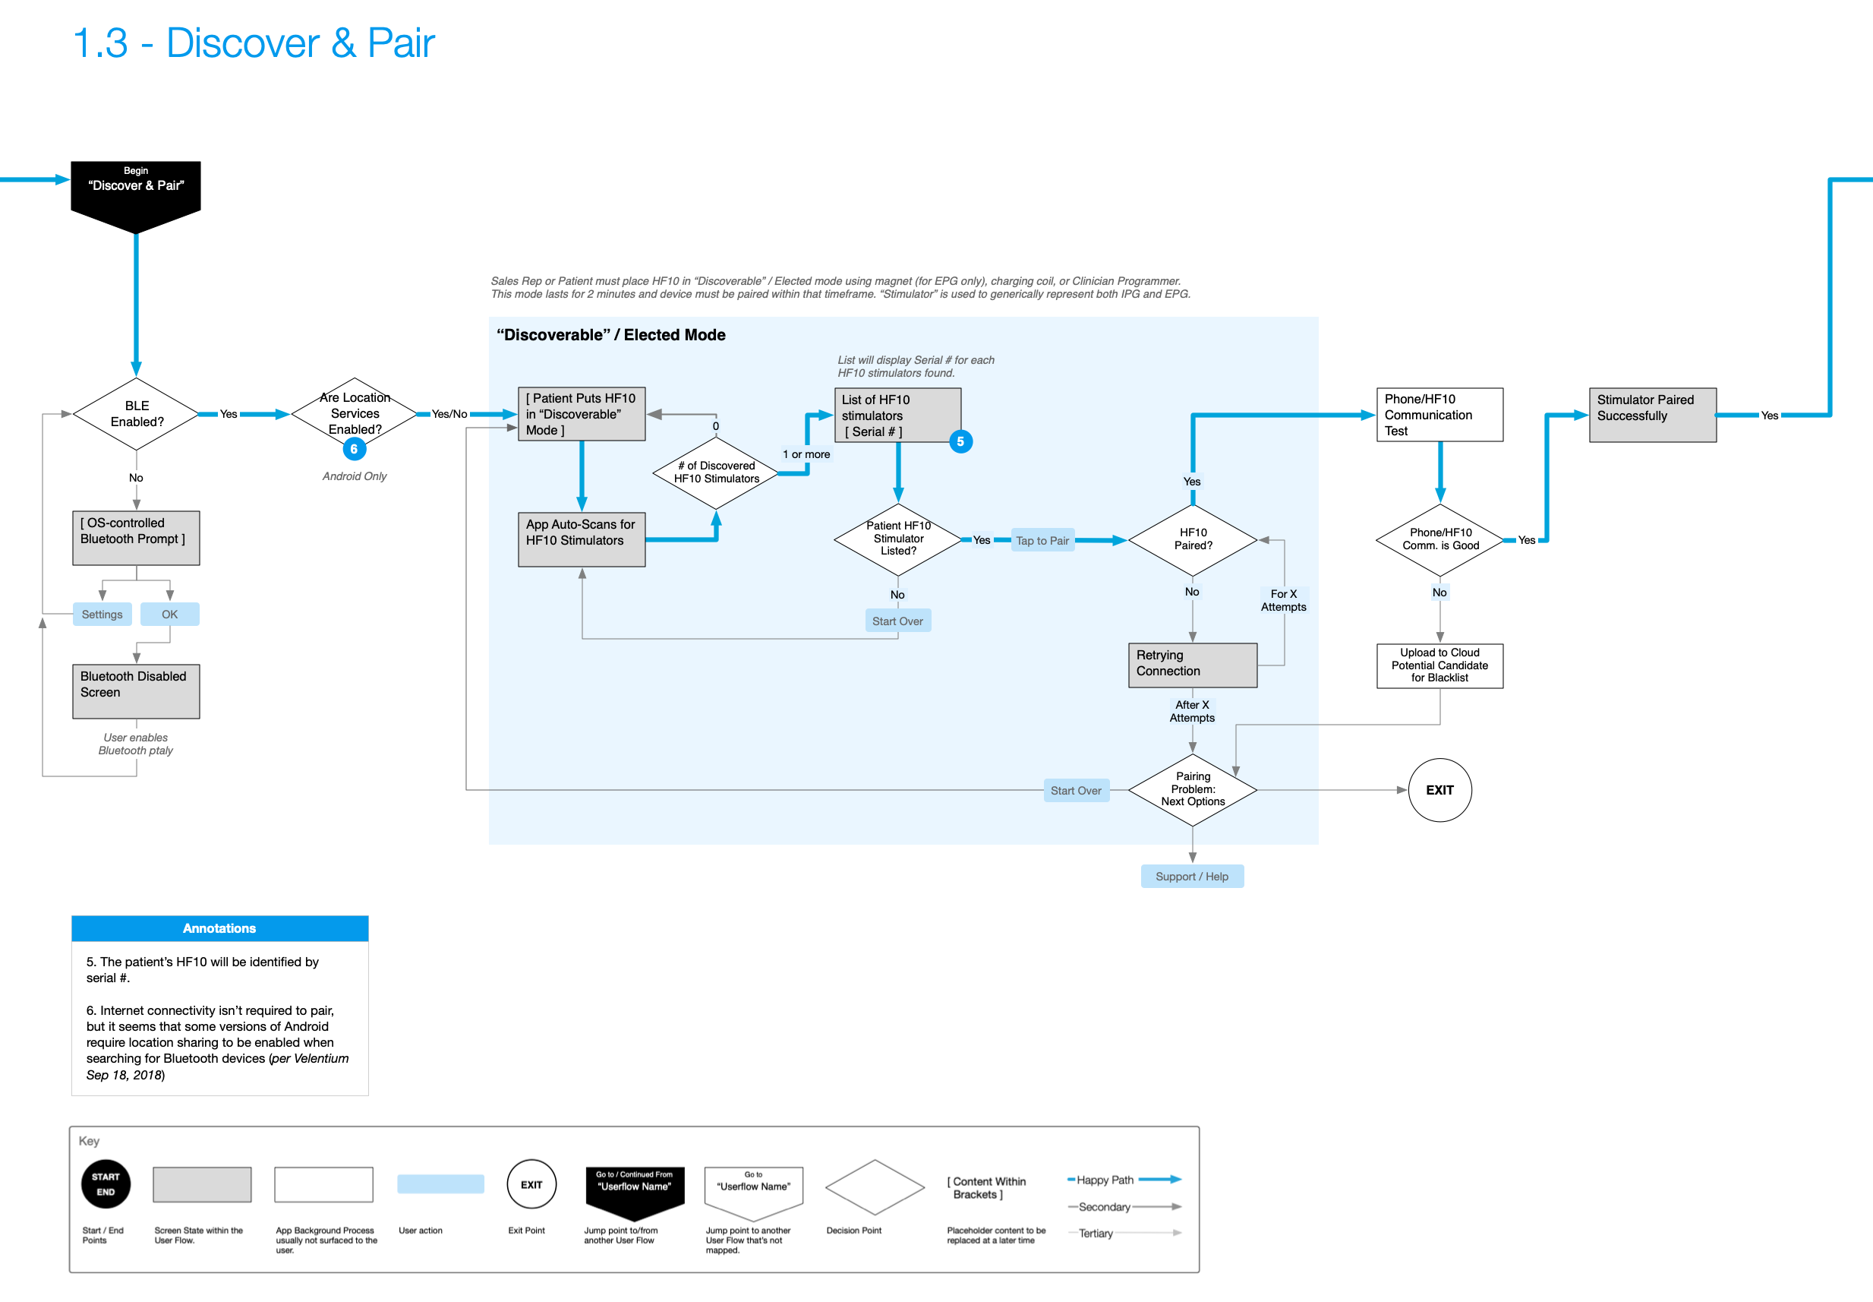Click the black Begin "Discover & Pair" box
click(x=135, y=192)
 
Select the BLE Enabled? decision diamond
click(x=136, y=413)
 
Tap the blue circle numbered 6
click(x=354, y=450)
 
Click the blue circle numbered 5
click(x=960, y=441)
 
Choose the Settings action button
click(x=102, y=615)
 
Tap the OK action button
click(x=169, y=615)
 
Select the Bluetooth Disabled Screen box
click(x=135, y=691)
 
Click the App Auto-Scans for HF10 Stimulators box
click(x=582, y=539)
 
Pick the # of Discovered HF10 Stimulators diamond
click(x=716, y=472)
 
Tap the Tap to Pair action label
click(x=1042, y=540)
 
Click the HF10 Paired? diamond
click(x=1192, y=539)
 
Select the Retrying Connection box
click(x=1192, y=664)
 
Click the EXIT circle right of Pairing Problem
click(x=1439, y=790)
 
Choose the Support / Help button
click(x=1191, y=876)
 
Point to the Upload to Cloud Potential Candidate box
click(x=1439, y=665)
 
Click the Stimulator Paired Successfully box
click(x=1652, y=415)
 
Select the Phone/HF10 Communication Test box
click(x=1439, y=415)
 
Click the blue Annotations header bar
click(x=219, y=928)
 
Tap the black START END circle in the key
click(x=106, y=1183)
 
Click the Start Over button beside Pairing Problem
click(x=1076, y=791)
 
